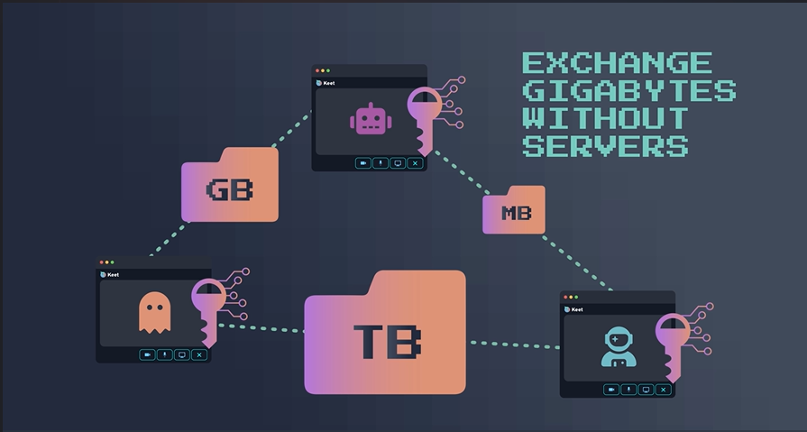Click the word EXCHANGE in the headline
point(617,63)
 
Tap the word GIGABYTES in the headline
point(628,91)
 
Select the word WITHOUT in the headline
point(605,118)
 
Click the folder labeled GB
point(230,188)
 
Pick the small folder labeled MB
point(514,211)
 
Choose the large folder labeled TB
point(385,336)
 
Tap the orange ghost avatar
point(154,313)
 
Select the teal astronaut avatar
point(619,348)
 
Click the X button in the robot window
point(415,163)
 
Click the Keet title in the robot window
point(328,83)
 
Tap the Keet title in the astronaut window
point(576,309)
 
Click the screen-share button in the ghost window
point(182,354)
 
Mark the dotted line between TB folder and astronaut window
point(514,344)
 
